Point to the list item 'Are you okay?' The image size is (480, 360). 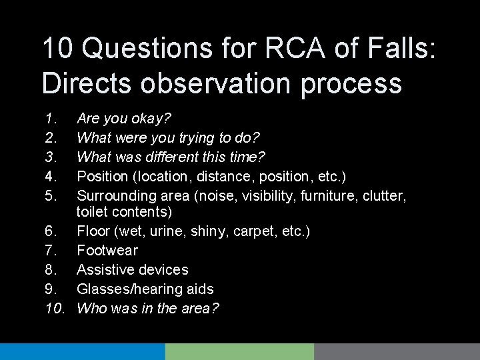(x=124, y=119)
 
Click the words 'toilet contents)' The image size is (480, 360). (x=124, y=213)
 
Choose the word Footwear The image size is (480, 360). (x=107, y=251)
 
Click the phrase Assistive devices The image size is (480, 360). (x=133, y=269)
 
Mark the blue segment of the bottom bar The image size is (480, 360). (x=82, y=351)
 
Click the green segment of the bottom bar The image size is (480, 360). (x=239, y=351)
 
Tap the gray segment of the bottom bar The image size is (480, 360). (x=397, y=351)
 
